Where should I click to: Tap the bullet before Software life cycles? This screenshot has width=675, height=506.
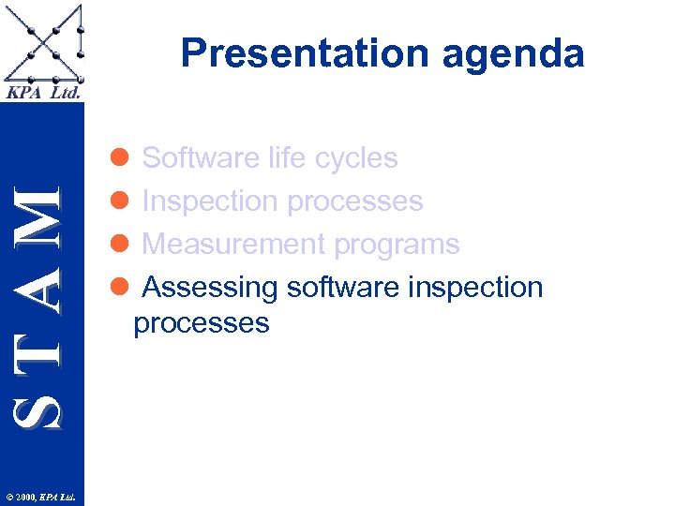[x=120, y=157]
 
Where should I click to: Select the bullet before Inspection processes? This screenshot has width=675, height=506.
[x=120, y=201]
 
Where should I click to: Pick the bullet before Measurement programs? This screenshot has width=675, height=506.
[x=120, y=244]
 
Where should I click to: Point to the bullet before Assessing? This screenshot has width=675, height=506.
[x=120, y=287]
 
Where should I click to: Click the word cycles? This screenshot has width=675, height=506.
[x=356, y=158]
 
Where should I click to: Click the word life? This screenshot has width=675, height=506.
[x=285, y=157]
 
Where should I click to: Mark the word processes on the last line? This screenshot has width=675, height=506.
[x=202, y=324]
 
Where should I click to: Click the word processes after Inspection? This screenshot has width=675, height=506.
[x=355, y=202]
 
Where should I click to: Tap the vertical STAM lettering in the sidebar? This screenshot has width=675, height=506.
[x=42, y=305]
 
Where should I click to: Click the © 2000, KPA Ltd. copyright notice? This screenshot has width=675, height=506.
[x=42, y=497]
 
